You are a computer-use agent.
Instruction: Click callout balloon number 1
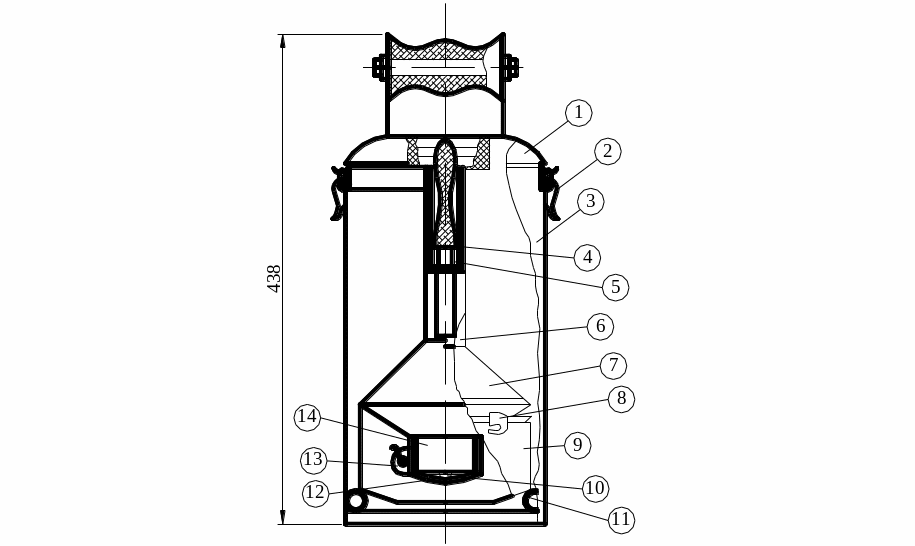(578, 113)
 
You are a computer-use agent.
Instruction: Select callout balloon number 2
(607, 152)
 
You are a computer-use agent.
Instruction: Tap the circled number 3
(591, 201)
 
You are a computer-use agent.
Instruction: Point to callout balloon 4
(587, 257)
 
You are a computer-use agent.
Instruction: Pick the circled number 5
(615, 287)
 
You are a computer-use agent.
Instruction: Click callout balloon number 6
(600, 326)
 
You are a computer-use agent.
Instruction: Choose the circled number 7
(613, 365)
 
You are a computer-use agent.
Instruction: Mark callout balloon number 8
(621, 399)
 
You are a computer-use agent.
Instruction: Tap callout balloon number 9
(578, 446)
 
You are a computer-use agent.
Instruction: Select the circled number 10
(595, 488)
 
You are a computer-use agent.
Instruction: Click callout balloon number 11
(620, 520)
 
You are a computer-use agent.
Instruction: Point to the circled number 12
(315, 494)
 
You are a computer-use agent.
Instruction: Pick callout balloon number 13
(313, 460)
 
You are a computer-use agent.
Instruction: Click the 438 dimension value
(274, 279)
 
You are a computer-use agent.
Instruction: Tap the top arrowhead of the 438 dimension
(283, 41)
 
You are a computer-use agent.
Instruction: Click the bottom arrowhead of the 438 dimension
(283, 517)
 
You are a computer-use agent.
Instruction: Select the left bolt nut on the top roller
(378, 67)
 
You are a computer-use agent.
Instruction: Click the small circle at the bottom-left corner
(355, 501)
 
